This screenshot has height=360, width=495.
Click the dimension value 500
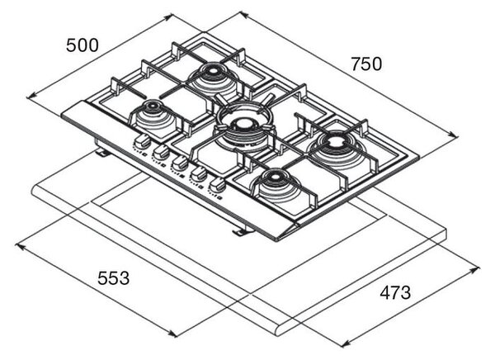tap(82, 45)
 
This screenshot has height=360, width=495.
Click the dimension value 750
tap(366, 64)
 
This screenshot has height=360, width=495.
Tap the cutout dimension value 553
tap(113, 278)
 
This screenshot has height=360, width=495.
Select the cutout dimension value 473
tap(395, 292)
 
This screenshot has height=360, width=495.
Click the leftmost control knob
tap(142, 140)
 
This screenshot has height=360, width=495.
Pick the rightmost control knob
tap(217, 184)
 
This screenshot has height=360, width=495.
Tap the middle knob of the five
tap(180, 163)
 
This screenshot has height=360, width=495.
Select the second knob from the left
tap(161, 152)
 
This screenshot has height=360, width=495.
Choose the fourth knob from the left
tap(199, 173)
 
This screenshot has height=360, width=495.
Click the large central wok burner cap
tap(243, 123)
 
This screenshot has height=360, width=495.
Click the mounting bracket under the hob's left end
tap(101, 153)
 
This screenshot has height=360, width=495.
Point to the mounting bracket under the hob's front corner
tap(242, 232)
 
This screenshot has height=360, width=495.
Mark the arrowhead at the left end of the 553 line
tap(20, 246)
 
